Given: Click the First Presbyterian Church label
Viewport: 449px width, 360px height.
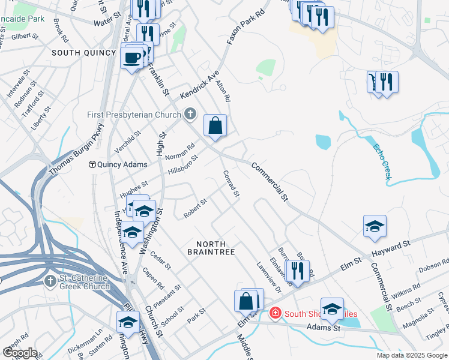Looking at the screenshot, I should pos(142,115).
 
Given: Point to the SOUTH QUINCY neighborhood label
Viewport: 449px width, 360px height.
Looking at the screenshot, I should pos(83,53).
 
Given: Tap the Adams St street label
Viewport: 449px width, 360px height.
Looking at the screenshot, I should pos(324,328).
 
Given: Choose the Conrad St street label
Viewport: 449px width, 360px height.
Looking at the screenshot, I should pos(232,185).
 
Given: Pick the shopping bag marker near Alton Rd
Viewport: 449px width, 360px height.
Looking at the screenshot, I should pos(215,126).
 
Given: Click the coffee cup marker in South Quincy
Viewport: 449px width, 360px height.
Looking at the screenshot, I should pos(132,58).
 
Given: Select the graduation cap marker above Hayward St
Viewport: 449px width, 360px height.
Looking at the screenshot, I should pos(375,226).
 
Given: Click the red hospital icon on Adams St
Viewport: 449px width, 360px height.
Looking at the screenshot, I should pos(275,313).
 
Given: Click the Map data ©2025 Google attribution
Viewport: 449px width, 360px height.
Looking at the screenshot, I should pos(412,355).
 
